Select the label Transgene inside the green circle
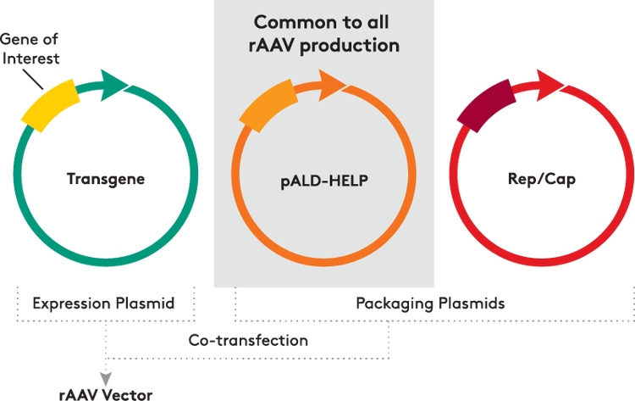tap(106, 180)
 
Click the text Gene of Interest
tap(29, 49)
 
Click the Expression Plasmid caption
tap(103, 302)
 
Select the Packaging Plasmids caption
tap(430, 302)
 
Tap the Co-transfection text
tap(247, 340)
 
